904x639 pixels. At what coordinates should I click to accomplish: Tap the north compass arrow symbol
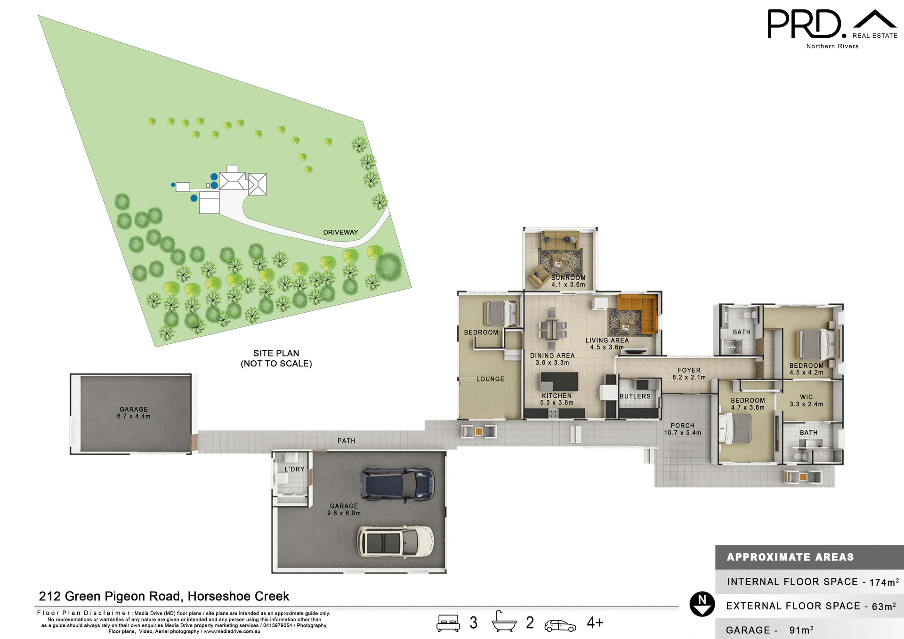(702, 604)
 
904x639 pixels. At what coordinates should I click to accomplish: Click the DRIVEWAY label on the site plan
(340, 232)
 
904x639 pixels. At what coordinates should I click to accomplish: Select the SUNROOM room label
(568, 278)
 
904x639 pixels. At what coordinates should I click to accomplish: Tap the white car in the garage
(395, 541)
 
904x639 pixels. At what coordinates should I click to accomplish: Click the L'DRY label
(294, 469)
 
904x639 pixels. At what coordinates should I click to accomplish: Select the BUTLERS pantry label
(635, 396)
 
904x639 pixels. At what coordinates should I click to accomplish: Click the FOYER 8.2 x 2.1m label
(689, 374)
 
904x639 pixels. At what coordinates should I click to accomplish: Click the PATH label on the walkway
(346, 441)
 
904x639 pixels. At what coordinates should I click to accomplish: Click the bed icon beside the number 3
(448, 623)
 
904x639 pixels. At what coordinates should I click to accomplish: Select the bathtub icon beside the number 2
(504, 622)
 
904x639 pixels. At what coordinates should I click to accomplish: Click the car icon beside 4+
(560, 625)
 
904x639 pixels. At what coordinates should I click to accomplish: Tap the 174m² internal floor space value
(884, 582)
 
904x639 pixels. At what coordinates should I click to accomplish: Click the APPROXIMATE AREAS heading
(790, 557)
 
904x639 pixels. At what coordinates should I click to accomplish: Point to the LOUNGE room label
(490, 379)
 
